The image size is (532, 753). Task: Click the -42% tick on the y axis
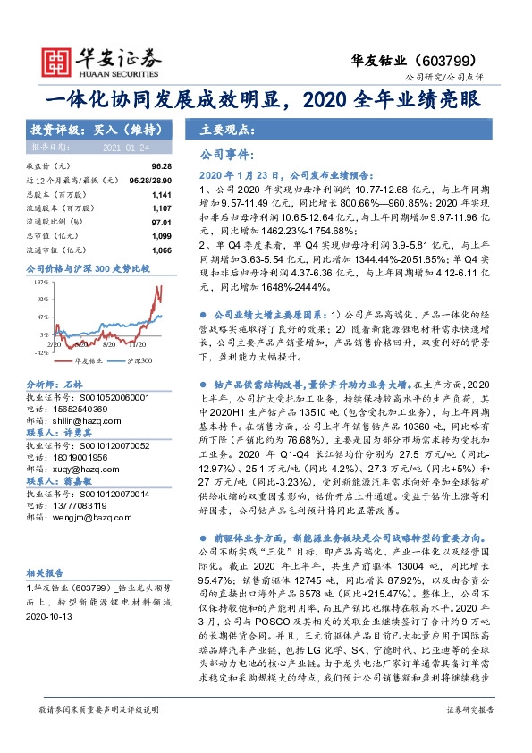[x=41, y=352]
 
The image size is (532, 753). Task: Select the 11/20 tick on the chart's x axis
[x=139, y=343]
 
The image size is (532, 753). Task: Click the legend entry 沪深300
[x=139, y=360]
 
